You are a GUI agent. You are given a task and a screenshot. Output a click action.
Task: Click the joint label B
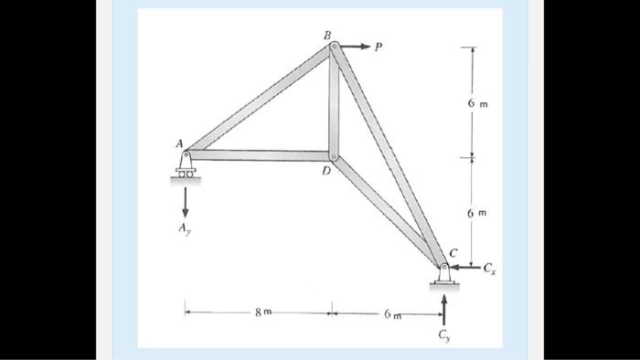coord(327,36)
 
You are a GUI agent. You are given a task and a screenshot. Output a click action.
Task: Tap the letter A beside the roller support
coord(179,143)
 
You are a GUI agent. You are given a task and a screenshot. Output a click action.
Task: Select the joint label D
coord(325,171)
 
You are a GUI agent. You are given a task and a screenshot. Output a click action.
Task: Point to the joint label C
coord(453,253)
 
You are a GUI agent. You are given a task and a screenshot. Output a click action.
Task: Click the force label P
coord(378,48)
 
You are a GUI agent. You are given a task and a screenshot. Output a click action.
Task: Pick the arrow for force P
coord(355,46)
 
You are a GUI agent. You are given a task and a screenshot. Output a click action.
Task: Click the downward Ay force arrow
coord(186,203)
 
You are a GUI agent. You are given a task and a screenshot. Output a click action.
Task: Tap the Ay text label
coord(184,228)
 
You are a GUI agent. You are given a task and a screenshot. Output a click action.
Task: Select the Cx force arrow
coord(465,268)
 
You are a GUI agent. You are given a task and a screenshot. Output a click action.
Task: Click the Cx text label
coord(489,269)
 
